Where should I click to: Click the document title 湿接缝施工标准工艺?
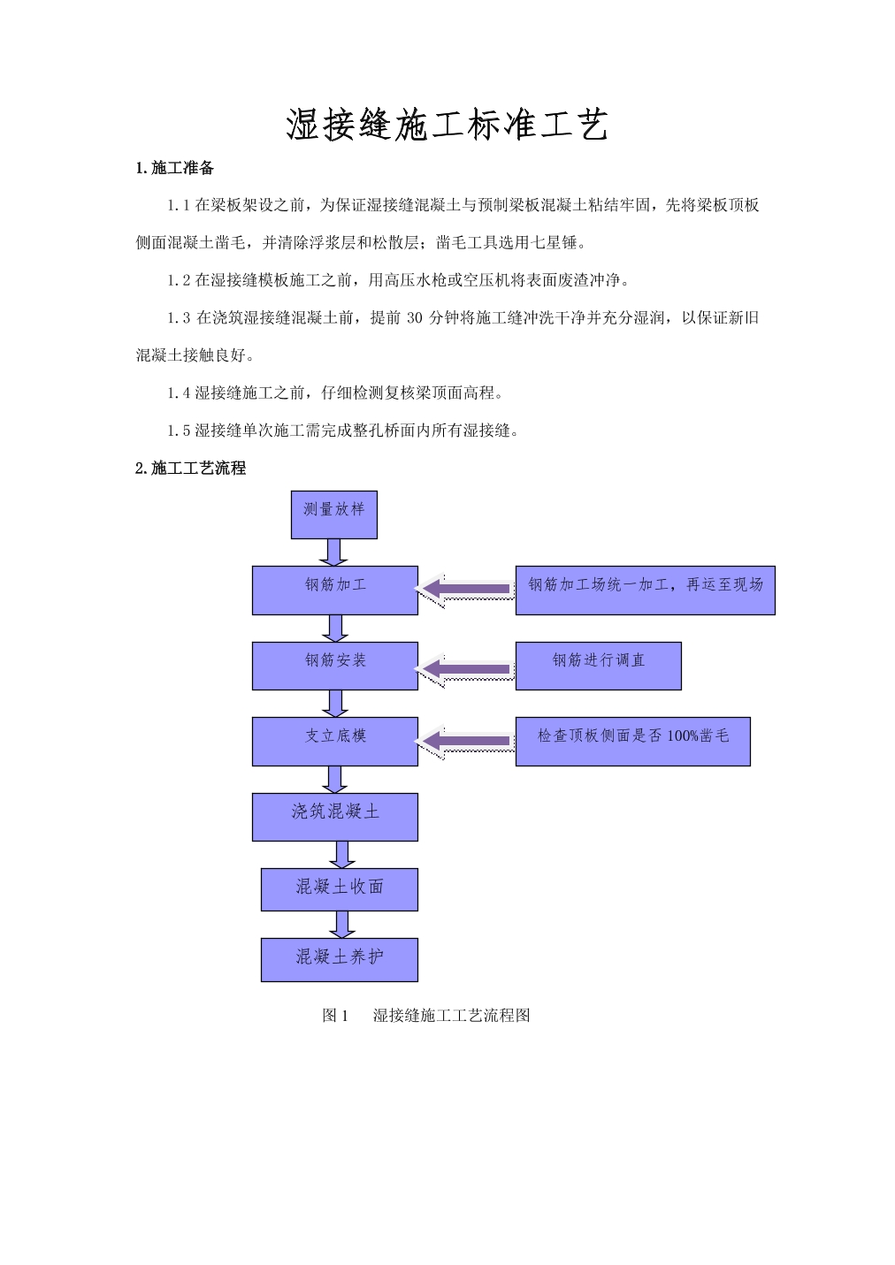447,125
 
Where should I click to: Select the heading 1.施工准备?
174,168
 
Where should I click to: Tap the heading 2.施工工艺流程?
190,469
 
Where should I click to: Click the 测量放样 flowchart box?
334,514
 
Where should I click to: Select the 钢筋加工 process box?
335,591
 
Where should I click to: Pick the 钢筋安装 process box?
335,666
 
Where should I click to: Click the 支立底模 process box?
335,742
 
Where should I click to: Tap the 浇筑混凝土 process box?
335,817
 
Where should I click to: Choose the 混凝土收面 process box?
340,889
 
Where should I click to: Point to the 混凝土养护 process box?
340,960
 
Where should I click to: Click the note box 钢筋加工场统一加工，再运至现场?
646,591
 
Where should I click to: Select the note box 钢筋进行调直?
599,666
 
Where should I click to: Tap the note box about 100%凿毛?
633,742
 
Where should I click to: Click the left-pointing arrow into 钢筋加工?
465,590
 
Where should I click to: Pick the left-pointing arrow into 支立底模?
465,741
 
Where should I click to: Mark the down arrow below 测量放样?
333,552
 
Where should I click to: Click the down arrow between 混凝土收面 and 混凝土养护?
342,925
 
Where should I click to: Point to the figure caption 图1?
335,1016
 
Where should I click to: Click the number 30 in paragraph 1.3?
414,318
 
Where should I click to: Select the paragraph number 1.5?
179,431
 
